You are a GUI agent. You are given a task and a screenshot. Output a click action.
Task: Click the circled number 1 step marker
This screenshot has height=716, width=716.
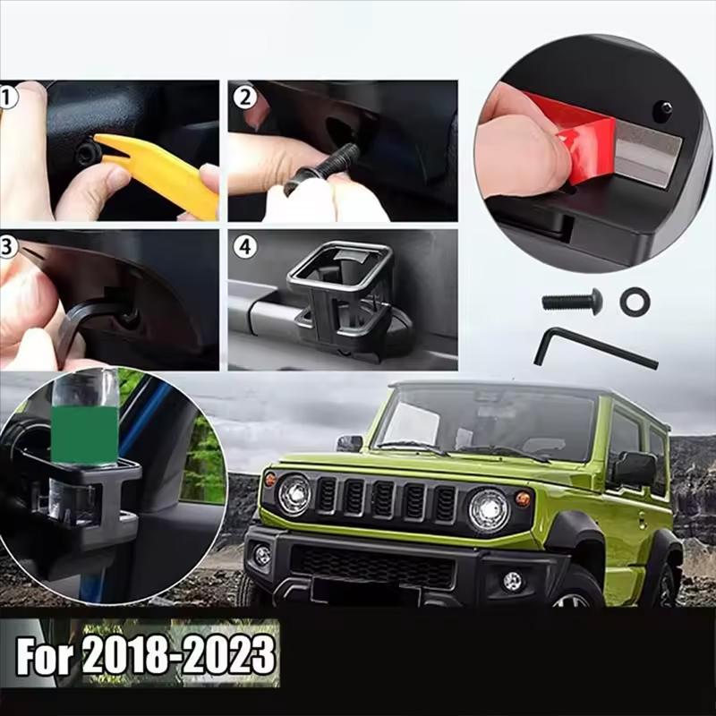click(7, 98)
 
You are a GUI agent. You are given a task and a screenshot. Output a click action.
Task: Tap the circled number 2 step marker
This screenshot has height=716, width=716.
click(244, 98)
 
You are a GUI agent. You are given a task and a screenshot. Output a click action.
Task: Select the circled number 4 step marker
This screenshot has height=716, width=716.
click(244, 247)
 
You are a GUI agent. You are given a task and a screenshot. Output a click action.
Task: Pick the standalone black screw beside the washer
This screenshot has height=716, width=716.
click(572, 301)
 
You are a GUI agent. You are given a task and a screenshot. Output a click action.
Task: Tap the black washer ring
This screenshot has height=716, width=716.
click(635, 301)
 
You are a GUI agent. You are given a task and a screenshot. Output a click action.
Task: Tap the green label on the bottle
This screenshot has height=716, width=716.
click(85, 435)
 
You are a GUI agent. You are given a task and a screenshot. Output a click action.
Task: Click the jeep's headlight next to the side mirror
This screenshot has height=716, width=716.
click(489, 510)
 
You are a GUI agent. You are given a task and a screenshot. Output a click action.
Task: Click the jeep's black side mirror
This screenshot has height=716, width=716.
click(635, 468)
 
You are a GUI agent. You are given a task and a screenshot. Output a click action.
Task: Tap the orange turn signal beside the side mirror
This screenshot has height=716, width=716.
click(523, 499)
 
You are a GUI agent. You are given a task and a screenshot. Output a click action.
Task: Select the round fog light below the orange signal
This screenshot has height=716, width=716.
click(512, 581)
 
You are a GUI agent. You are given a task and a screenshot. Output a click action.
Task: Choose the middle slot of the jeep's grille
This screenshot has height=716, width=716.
click(383, 500)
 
